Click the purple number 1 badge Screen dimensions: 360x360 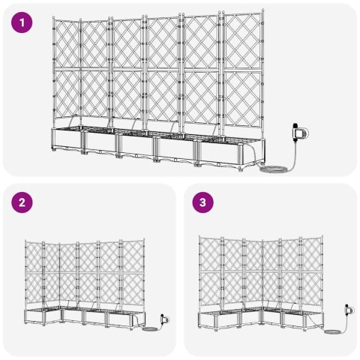[x=24, y=23]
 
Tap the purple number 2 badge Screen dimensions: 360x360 [x=24, y=202]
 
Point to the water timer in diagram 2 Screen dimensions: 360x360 [x=163, y=317]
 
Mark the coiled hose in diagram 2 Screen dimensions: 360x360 [x=147, y=328]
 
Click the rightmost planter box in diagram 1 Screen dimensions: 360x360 [x=227, y=153]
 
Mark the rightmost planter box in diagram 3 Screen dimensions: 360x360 [x=314, y=318]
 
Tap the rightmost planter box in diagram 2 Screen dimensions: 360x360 [x=124, y=319]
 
